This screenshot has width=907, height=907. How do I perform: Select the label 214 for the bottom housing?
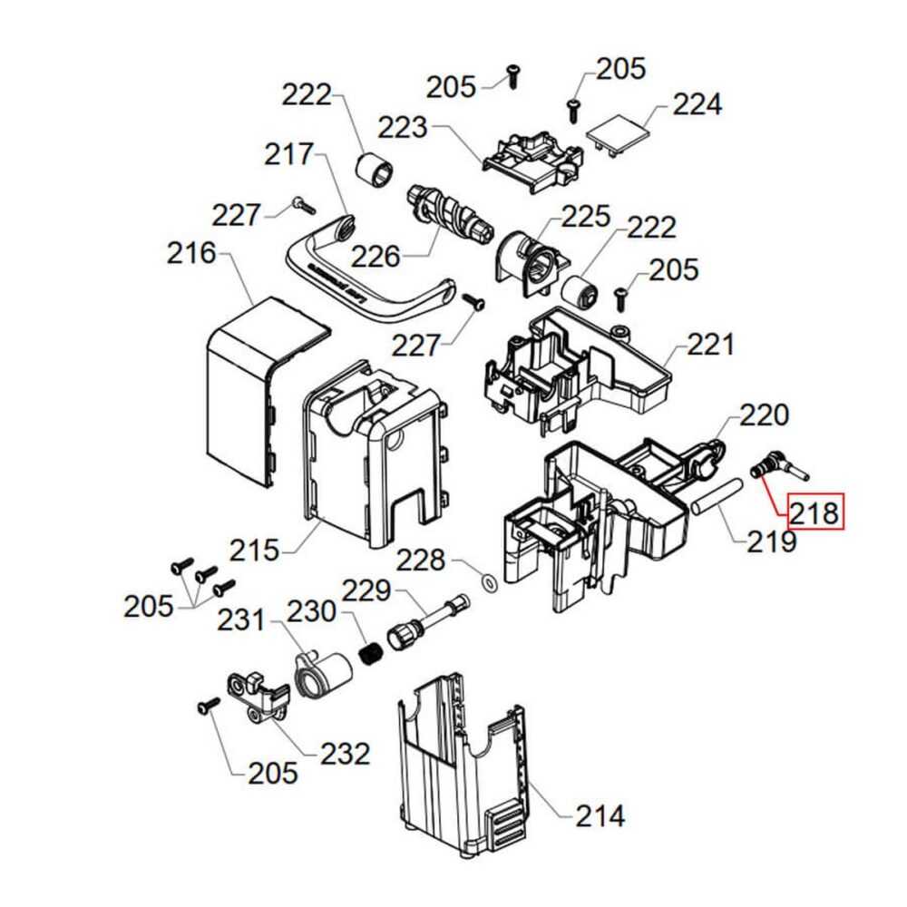[x=600, y=815]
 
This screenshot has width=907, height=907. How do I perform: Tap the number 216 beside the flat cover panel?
[x=191, y=253]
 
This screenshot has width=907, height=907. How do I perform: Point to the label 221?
[x=710, y=345]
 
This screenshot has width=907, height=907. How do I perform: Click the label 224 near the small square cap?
[x=697, y=104]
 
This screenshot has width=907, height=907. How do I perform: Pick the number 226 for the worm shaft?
[x=375, y=257]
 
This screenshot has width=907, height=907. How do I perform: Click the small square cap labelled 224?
[x=619, y=134]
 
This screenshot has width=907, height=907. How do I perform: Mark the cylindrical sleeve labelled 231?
[x=322, y=676]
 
